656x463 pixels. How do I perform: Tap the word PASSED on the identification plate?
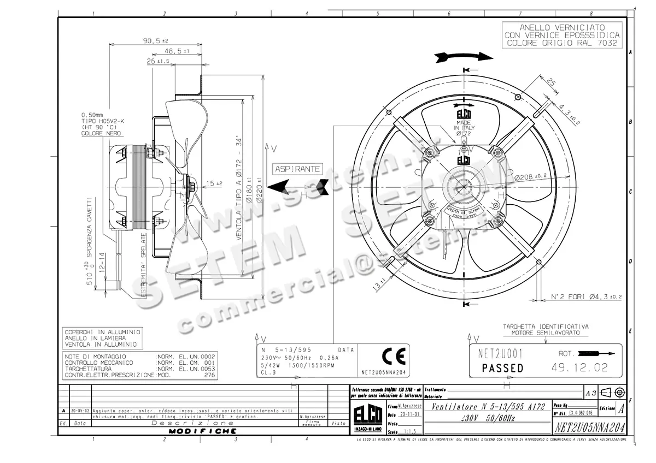click(502, 368)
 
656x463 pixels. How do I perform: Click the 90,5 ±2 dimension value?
click(155, 40)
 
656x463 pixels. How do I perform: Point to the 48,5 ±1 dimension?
click(177, 51)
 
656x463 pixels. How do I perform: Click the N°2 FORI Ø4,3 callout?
click(585, 297)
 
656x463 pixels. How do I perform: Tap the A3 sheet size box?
click(590, 392)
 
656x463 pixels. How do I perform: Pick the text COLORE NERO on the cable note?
click(102, 133)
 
